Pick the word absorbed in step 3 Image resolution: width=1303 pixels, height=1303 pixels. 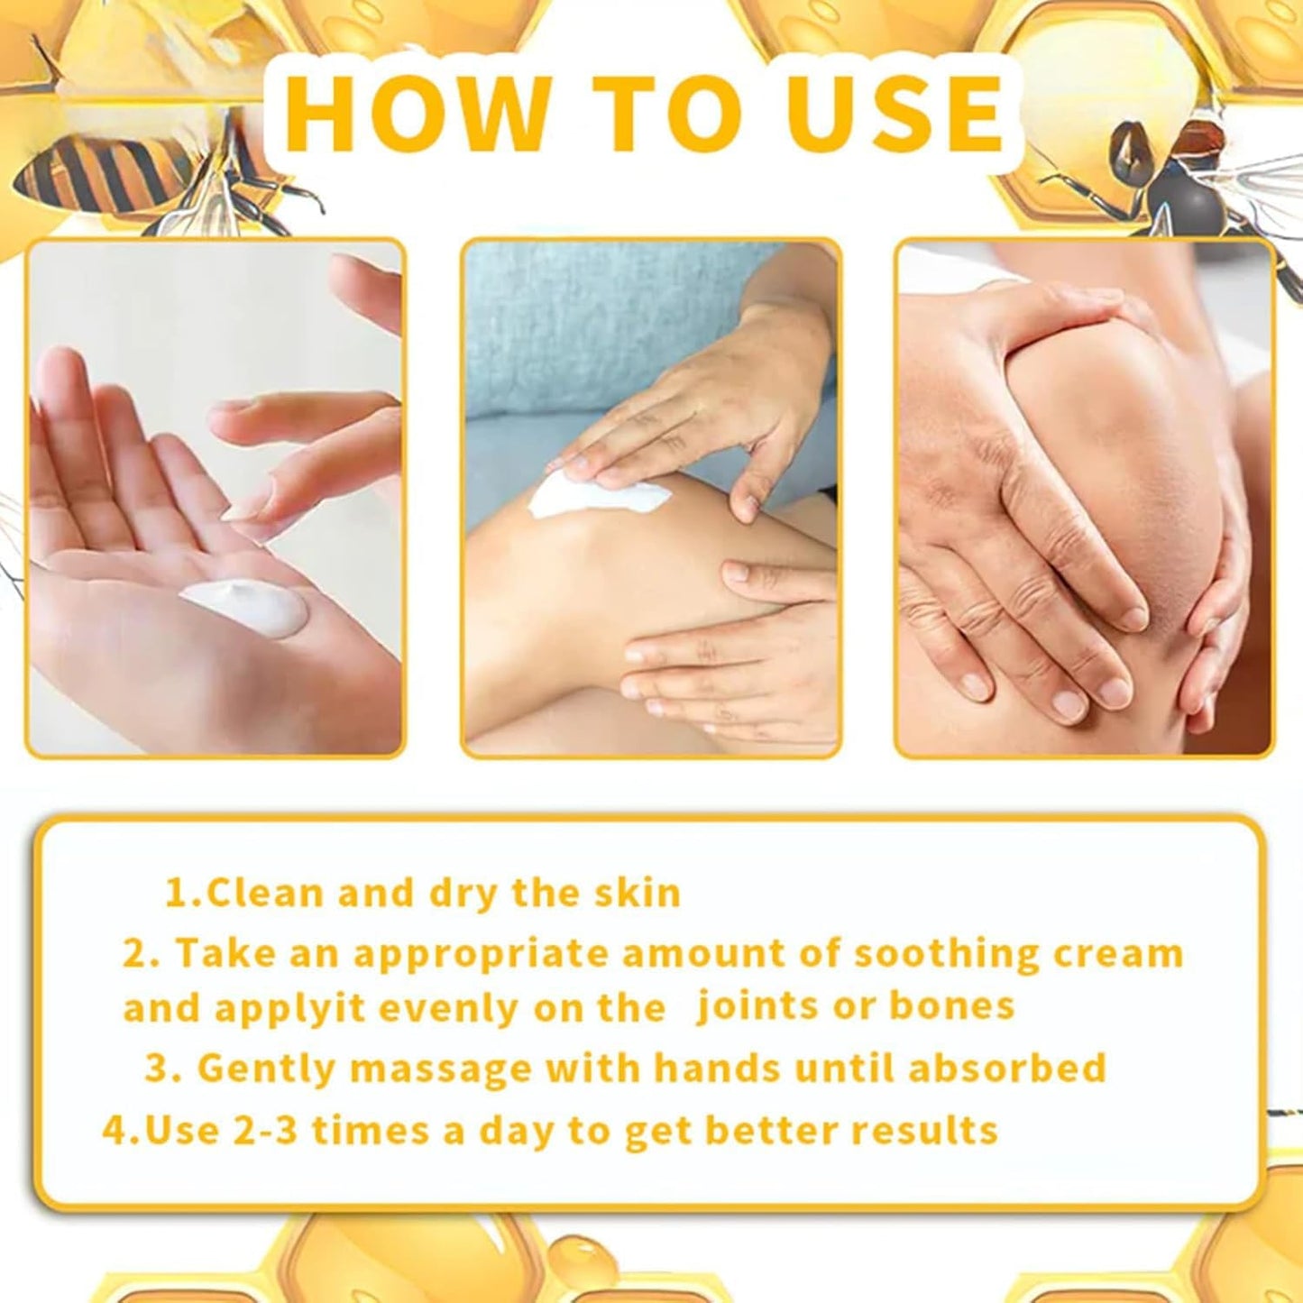[1006, 1068]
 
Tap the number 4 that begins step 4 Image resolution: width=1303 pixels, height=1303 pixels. [115, 1130]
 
